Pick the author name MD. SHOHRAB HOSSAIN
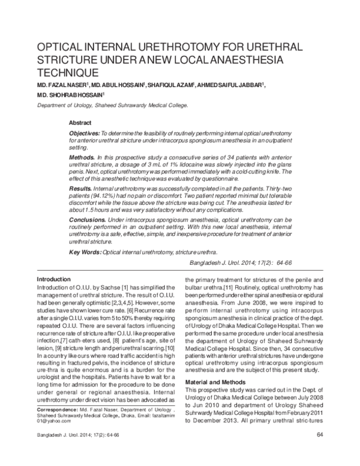[x=70, y=95]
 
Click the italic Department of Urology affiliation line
[x=112, y=104]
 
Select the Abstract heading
[x=81, y=122]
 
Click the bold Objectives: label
[x=84, y=132]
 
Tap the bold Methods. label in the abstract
[x=82, y=155]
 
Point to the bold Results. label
[x=82, y=189]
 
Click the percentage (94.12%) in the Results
[x=104, y=196]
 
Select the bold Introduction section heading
[x=55, y=280]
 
